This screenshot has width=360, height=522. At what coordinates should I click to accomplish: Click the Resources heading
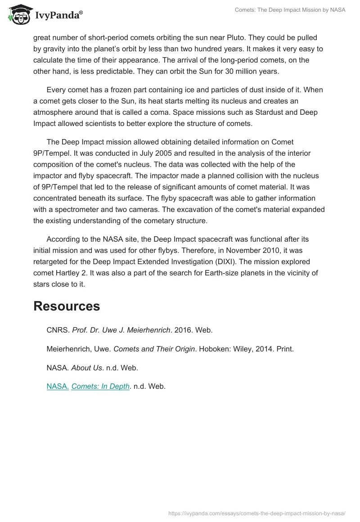(67, 306)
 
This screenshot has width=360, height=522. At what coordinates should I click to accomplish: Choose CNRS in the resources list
(58, 330)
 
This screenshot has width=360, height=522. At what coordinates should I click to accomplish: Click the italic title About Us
(86, 368)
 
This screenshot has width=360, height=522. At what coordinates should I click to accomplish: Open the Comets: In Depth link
(100, 386)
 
